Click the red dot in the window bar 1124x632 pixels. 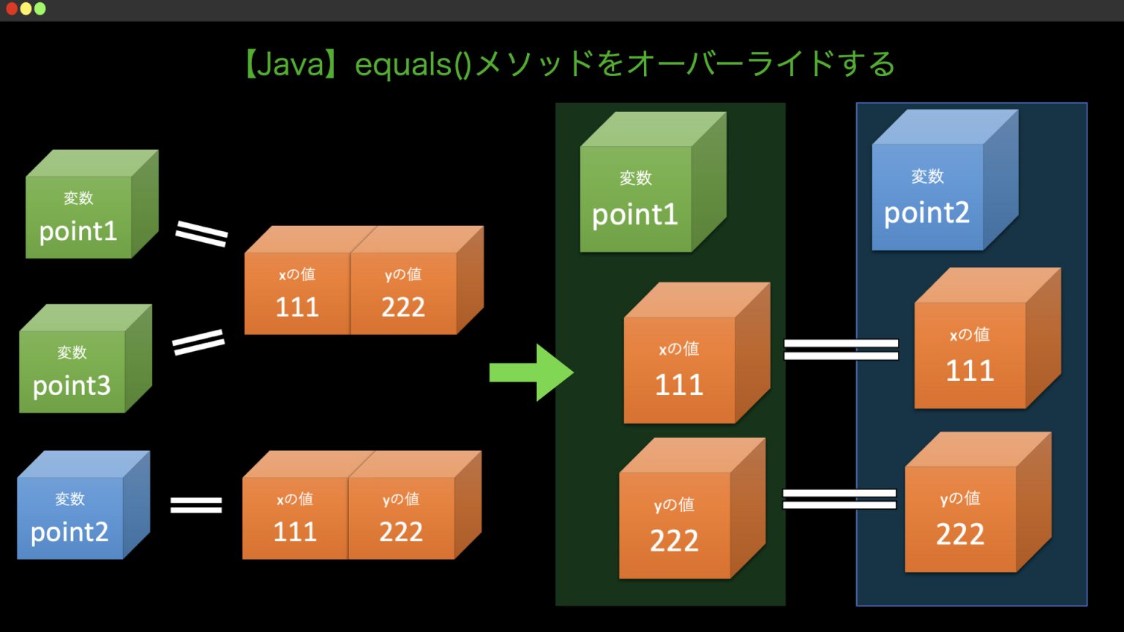(12, 9)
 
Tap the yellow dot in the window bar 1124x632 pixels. (26, 9)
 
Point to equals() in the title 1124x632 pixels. (413, 64)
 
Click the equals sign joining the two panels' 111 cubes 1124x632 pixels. (841, 350)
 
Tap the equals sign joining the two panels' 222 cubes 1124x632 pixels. (839, 499)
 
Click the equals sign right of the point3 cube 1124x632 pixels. (198, 342)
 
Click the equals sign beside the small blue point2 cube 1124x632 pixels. (196, 505)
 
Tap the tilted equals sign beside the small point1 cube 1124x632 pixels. (201, 234)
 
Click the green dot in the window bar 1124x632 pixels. (40, 9)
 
